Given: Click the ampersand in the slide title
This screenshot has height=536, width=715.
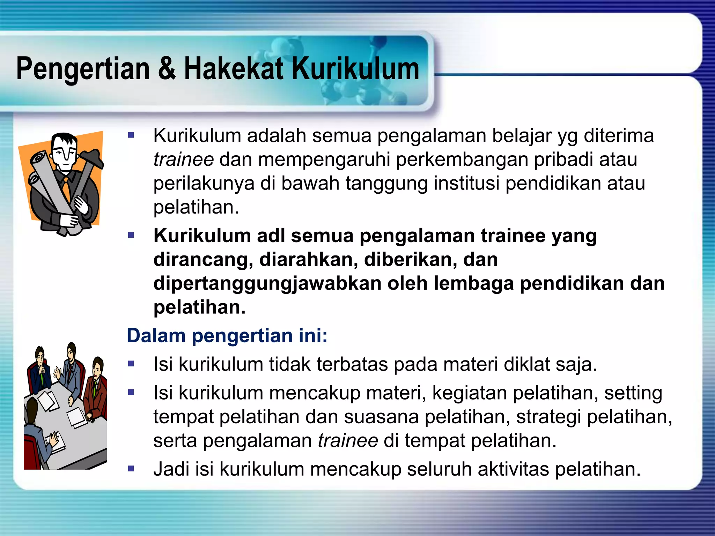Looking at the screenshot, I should point(167,69).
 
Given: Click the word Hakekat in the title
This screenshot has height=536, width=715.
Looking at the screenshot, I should point(234,69).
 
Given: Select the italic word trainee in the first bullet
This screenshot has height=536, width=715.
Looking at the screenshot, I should point(184,159).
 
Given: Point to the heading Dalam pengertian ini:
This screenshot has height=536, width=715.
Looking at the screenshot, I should point(227,336).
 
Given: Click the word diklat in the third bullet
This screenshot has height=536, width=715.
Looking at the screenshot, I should point(527,364).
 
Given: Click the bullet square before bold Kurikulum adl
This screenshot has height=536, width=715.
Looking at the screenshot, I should point(131,236).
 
